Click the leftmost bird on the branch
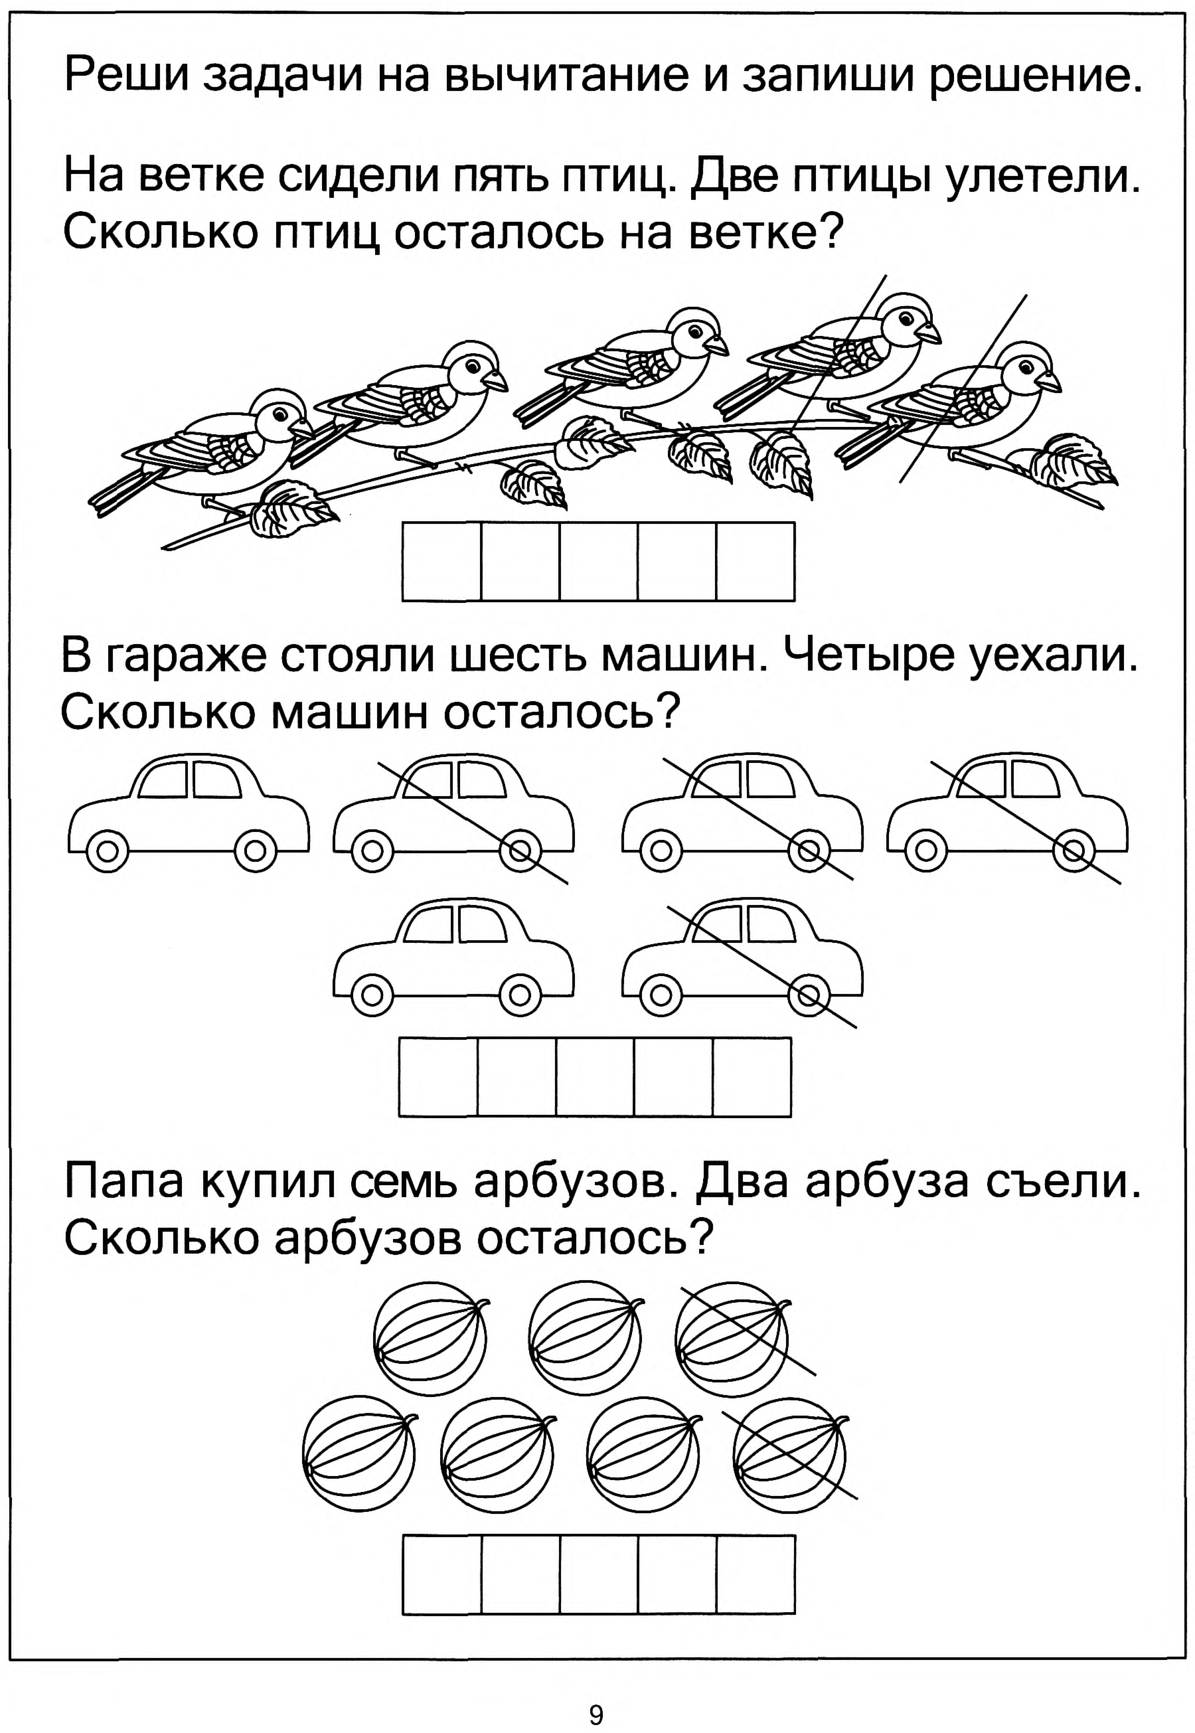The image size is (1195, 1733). pos(217,453)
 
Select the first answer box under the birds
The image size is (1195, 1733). pos(442,562)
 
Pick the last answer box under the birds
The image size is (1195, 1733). pos(755,562)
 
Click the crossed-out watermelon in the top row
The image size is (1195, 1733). pos(732,1338)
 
